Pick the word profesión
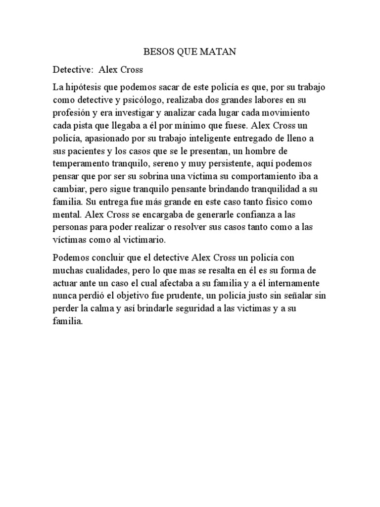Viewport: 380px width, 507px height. point(73,112)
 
